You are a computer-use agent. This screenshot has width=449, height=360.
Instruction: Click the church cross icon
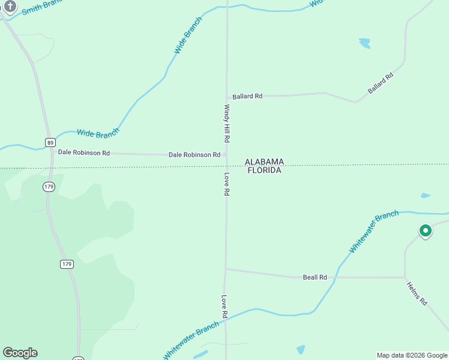pyautogui.click(x=10, y=6)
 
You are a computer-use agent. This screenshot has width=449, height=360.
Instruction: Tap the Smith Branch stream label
pyautogui.click(x=43, y=8)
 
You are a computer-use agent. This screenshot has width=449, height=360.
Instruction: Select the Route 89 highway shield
pyautogui.click(x=50, y=142)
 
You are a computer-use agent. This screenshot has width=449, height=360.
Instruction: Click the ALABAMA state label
pyautogui.click(x=264, y=162)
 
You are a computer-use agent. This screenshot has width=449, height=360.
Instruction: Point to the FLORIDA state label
pyautogui.click(x=264, y=170)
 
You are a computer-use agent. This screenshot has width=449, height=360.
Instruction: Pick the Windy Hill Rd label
pyautogui.click(x=227, y=124)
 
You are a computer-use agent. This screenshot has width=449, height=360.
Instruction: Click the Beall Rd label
pyautogui.click(x=315, y=277)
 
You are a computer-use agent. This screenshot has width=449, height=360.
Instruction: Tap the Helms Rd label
pyautogui.click(x=416, y=293)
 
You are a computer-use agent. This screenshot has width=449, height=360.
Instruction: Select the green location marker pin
pyautogui.click(x=425, y=230)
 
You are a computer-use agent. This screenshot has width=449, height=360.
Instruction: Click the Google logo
pyautogui.click(x=20, y=353)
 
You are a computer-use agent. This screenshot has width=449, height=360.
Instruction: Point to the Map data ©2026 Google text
pyautogui.click(x=412, y=355)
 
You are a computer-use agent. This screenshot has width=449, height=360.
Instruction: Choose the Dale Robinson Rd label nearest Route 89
pyautogui.click(x=83, y=153)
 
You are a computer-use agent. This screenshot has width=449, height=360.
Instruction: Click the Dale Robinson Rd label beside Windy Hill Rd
pyautogui.click(x=194, y=155)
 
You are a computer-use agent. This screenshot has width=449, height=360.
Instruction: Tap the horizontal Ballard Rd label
pyautogui.click(x=247, y=96)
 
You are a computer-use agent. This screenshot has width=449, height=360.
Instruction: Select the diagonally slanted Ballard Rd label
pyautogui.click(x=381, y=83)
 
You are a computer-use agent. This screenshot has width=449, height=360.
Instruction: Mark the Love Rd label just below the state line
pyautogui.click(x=227, y=184)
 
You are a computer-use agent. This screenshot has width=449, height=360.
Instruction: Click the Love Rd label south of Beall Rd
pyautogui.click(x=224, y=307)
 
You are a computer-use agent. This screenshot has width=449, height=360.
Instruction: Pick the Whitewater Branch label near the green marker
pyautogui.click(x=374, y=232)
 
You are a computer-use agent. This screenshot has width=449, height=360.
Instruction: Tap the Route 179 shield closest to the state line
pyautogui.click(x=49, y=187)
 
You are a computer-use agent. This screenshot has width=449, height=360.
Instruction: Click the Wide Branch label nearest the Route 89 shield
pyautogui.click(x=98, y=133)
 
